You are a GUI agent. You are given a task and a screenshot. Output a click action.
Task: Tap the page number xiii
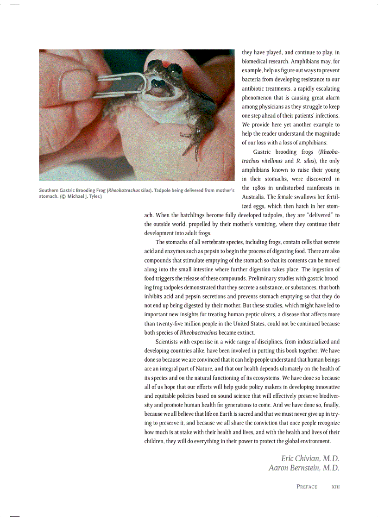pos(335,487)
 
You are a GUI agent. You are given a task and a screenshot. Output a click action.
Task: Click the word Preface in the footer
pos(307,487)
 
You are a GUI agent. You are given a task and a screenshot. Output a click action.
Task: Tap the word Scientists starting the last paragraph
pos(170,342)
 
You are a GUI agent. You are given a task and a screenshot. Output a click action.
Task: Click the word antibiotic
pos(254,89)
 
